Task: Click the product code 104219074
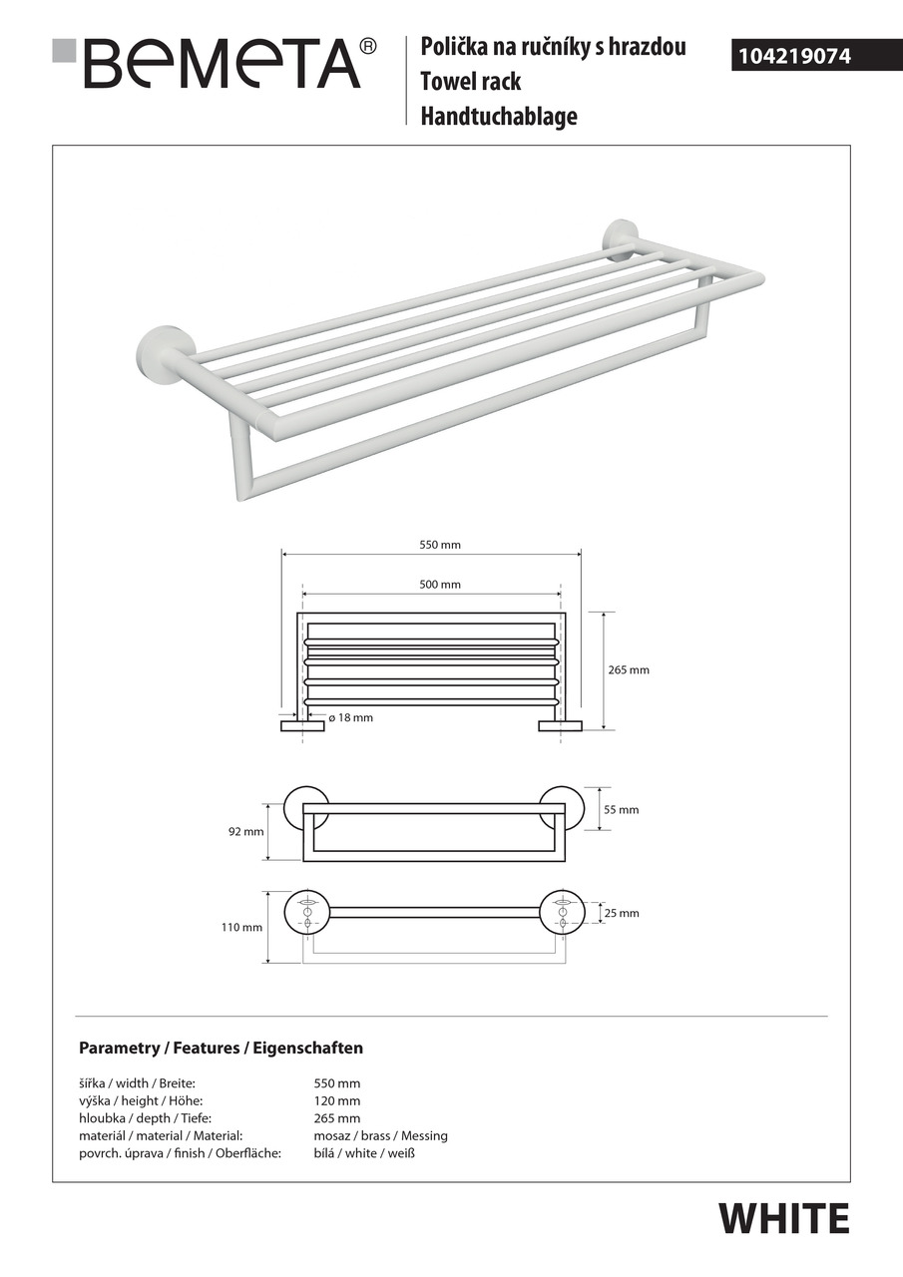point(793,57)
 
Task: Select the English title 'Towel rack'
point(471,82)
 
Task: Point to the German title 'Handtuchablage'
point(499,117)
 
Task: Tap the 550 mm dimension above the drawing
point(440,546)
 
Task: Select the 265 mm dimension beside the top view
point(629,670)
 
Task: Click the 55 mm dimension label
point(622,810)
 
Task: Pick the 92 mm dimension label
point(244,832)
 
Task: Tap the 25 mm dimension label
point(622,914)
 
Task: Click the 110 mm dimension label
point(242,928)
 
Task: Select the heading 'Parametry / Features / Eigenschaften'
point(221,1049)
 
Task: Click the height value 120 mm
point(336,1101)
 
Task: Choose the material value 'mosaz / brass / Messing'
point(380,1136)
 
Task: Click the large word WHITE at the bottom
point(784,1219)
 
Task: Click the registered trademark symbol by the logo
point(367,46)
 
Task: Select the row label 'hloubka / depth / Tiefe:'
point(145,1118)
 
